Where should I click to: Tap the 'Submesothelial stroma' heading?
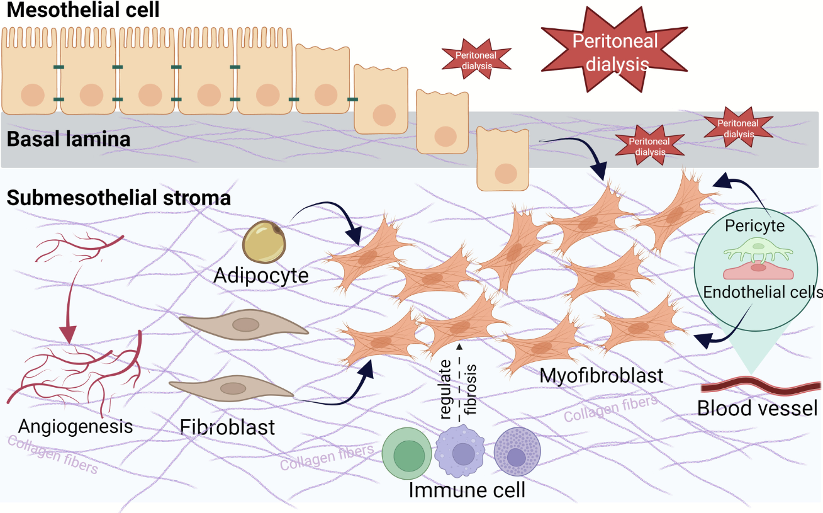119,198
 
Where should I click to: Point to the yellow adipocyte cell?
264,242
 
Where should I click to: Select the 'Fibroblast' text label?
227,427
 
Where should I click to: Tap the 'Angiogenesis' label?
76,426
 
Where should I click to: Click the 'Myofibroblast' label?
602,376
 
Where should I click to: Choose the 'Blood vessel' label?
758,409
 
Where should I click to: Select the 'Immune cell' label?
467,490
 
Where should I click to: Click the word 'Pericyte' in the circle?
754,225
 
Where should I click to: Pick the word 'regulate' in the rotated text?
446,390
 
